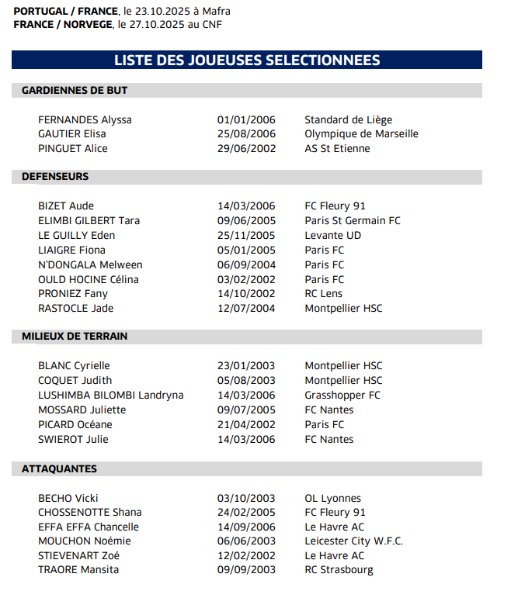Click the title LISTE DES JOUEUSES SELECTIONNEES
pyautogui.click(x=247, y=60)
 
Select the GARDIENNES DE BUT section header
pyautogui.click(x=75, y=91)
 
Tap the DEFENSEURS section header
pyautogui.click(x=55, y=177)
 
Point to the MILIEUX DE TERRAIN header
pyautogui.click(x=75, y=337)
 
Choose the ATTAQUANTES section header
pyautogui.click(x=59, y=469)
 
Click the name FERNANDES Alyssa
pyautogui.click(x=85, y=120)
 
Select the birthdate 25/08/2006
pyautogui.click(x=246, y=134)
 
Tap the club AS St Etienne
pyautogui.click(x=337, y=149)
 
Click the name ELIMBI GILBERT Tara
pyautogui.click(x=89, y=221)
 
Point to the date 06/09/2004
pyautogui.click(x=246, y=265)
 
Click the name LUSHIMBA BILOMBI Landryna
pyautogui.click(x=110, y=396)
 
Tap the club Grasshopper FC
pyautogui.click(x=342, y=396)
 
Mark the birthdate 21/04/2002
pyautogui.click(x=246, y=425)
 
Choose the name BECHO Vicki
pyautogui.click(x=68, y=499)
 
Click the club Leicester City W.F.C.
pyautogui.click(x=353, y=541)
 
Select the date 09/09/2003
pyautogui.click(x=246, y=570)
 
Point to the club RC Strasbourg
pyautogui.click(x=339, y=570)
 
